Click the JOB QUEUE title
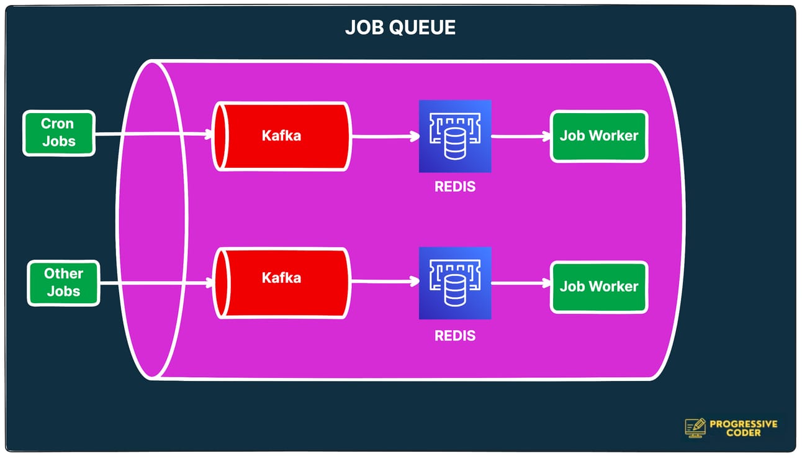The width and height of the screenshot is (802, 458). [x=400, y=27]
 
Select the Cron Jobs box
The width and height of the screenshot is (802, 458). [x=59, y=133]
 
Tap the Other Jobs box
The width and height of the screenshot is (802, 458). [x=63, y=283]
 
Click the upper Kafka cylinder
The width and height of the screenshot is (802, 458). [x=281, y=136]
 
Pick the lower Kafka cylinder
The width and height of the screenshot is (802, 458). [x=281, y=283]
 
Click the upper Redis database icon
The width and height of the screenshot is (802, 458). [x=455, y=136]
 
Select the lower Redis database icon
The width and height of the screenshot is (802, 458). [x=455, y=283]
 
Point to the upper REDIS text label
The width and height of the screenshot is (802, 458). [x=455, y=186]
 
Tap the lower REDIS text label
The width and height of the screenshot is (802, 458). [x=455, y=336]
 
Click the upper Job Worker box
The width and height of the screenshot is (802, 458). [x=599, y=136]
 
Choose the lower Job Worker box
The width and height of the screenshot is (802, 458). [x=599, y=286]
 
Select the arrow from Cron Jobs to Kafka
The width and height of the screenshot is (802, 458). [x=152, y=134]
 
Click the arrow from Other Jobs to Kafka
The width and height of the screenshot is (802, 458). [x=155, y=283]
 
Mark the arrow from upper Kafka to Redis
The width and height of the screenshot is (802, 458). [x=385, y=137]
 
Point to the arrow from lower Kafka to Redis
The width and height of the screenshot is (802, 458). [x=385, y=282]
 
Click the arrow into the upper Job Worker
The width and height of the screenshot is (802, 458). [x=520, y=137]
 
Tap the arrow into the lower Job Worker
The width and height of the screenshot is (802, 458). [x=520, y=283]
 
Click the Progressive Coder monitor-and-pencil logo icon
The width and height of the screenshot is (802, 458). [x=695, y=428]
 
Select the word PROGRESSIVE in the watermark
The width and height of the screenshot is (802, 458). [x=744, y=424]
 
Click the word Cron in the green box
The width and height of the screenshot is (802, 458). [x=57, y=124]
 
